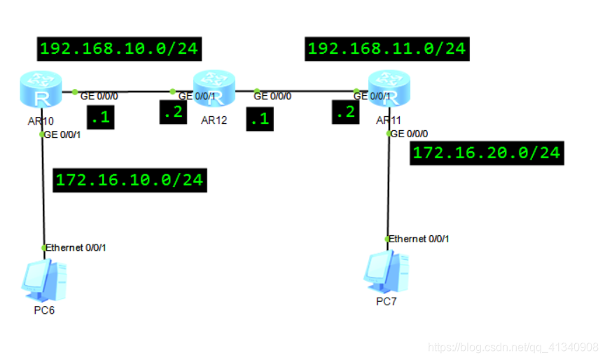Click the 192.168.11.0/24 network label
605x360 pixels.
(x=387, y=49)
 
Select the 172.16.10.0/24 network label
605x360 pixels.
(x=130, y=179)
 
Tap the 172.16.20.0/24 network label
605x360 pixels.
(x=487, y=153)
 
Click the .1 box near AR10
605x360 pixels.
(x=100, y=118)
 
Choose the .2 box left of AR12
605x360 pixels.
(x=173, y=112)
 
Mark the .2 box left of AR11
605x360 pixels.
(x=345, y=111)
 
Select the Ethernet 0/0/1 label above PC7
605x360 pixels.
(x=418, y=239)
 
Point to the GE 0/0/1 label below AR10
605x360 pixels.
(x=62, y=134)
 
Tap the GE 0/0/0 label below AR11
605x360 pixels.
(x=409, y=133)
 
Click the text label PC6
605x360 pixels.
(x=43, y=310)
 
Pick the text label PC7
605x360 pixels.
(x=386, y=301)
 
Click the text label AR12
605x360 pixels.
(x=214, y=120)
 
